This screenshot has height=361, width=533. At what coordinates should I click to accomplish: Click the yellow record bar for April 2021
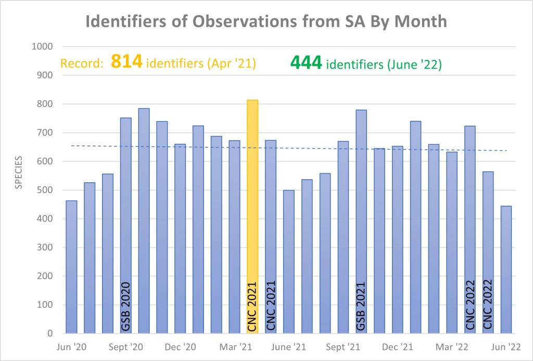(252, 208)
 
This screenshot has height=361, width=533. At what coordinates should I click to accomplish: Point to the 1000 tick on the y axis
(43, 46)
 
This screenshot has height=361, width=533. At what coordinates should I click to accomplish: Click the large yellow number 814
(127, 63)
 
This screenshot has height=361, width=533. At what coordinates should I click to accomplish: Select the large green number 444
(306, 64)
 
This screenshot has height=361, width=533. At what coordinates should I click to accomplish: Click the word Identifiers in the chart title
(130, 22)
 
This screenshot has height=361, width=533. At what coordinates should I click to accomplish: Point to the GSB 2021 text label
(361, 306)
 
